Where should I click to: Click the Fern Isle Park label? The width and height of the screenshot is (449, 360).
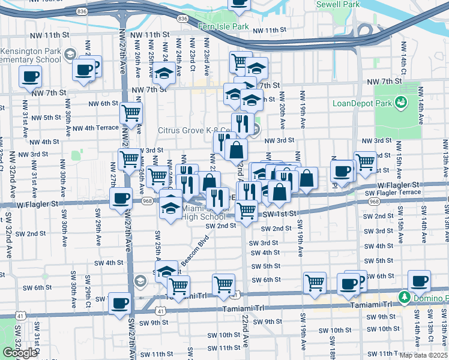coord(224,27)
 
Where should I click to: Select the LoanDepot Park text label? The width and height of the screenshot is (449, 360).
coord(363,103)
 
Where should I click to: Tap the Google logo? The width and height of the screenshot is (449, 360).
coord(20,353)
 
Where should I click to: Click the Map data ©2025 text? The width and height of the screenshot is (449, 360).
coord(423,355)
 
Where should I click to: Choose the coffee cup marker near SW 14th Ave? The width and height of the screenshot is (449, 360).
coord(419,280)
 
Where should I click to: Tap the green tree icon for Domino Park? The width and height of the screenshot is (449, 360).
coord(405,297)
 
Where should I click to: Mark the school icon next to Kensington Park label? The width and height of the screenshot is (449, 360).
coord(70,55)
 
